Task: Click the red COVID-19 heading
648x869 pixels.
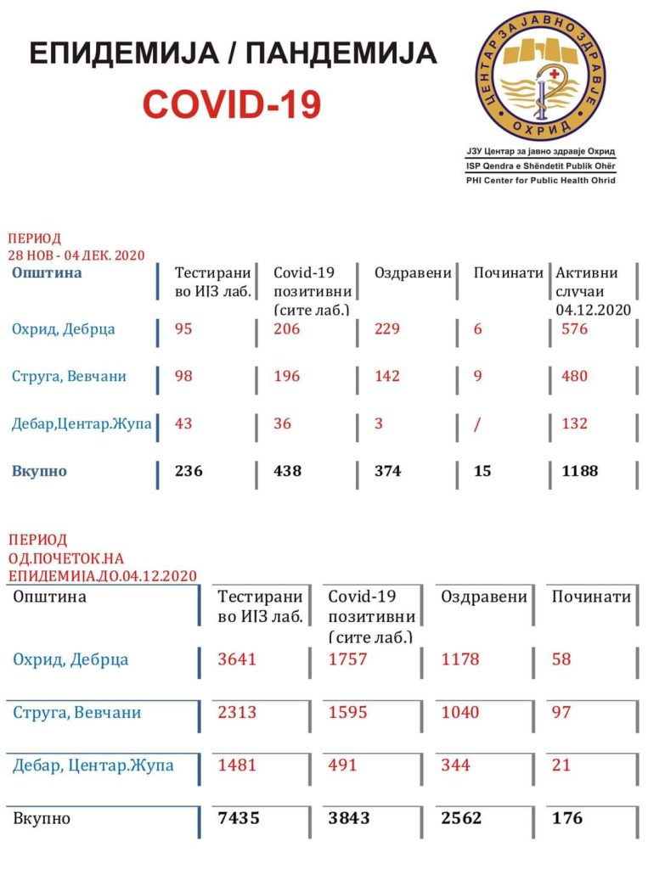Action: point(232,104)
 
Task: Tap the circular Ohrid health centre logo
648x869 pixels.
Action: point(528,76)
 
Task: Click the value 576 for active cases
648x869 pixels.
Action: point(574,329)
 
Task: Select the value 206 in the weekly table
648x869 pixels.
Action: point(287,329)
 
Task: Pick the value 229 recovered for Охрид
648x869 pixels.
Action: point(387,329)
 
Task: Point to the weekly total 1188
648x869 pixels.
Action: point(579,470)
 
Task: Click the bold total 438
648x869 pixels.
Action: point(288,470)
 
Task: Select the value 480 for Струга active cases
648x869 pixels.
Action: point(574,376)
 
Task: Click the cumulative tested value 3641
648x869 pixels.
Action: point(237,659)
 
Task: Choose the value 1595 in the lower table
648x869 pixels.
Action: point(348,712)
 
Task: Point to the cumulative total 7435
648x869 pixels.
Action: point(239,818)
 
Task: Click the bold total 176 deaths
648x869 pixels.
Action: point(567,818)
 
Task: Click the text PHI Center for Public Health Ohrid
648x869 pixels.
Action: point(540,181)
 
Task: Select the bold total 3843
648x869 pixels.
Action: point(349,818)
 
